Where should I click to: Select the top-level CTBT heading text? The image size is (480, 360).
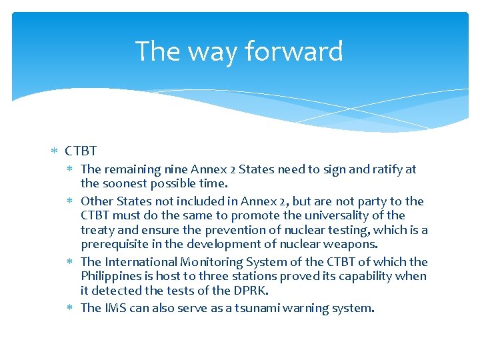pos(81,152)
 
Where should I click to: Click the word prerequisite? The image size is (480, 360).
pos(115,244)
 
